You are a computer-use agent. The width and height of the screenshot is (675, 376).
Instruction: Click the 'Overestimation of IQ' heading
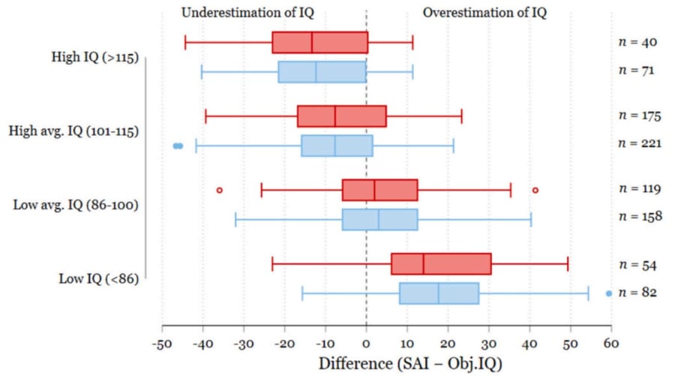(x=484, y=13)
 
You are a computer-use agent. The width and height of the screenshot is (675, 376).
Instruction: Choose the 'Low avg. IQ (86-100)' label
(x=75, y=204)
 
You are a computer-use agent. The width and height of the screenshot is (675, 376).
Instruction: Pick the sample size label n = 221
(x=639, y=143)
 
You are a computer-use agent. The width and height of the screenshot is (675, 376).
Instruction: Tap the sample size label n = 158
(x=639, y=216)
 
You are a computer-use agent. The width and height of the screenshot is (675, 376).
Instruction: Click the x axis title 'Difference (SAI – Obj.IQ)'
(x=410, y=362)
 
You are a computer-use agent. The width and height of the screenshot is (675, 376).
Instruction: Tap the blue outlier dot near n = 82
(x=609, y=293)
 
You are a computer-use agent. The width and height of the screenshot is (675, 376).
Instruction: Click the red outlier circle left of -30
(x=219, y=190)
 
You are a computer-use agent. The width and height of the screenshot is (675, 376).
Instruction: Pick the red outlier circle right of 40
(x=535, y=190)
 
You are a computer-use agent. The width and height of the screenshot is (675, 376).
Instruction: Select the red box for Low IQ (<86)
(x=441, y=264)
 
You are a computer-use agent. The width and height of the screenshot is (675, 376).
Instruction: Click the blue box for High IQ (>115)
(x=322, y=71)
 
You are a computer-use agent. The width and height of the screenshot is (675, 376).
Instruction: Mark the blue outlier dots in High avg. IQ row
(x=178, y=146)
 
